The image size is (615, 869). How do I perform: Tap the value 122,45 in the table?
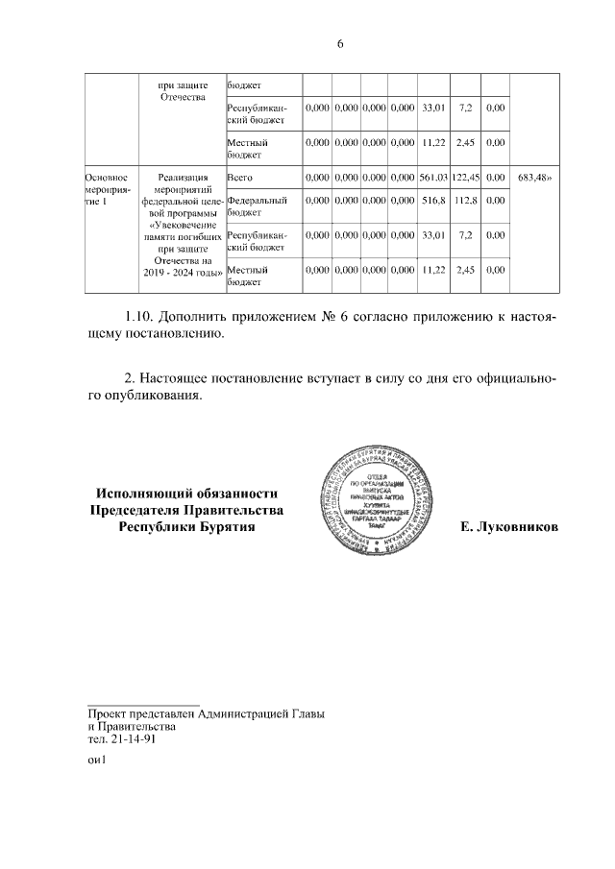click(465, 178)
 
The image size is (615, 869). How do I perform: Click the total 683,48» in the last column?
click(533, 178)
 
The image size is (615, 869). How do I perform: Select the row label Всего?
click(239, 178)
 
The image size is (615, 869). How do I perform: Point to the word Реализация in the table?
click(182, 178)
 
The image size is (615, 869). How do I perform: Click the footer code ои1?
click(95, 762)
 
